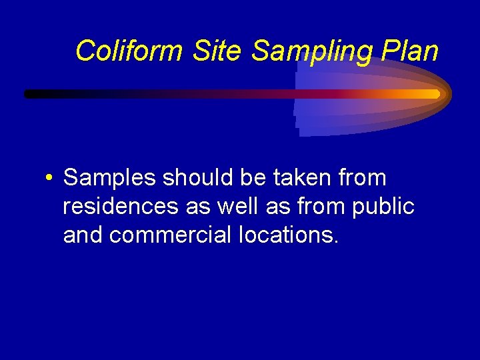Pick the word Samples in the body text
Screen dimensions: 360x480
pos(110,178)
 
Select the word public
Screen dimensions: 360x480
pos(386,207)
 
